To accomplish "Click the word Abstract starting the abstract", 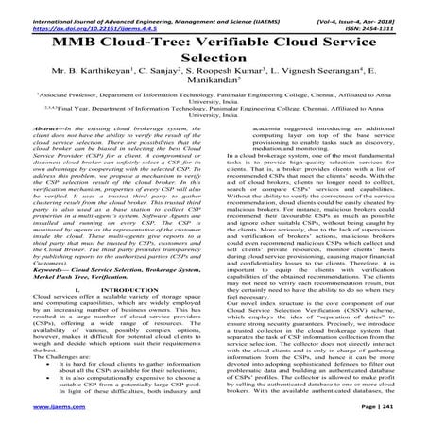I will (48, 139).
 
